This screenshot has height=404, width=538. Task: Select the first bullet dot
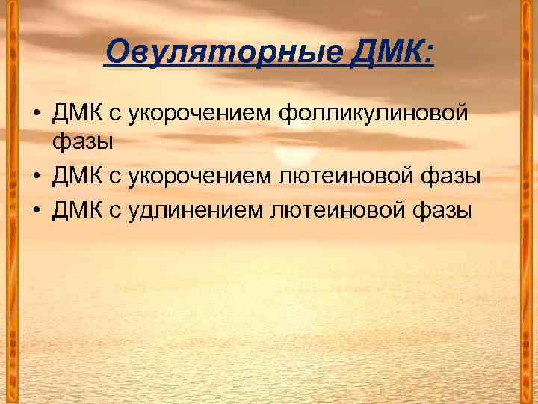point(36,114)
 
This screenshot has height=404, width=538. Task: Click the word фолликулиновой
point(374,114)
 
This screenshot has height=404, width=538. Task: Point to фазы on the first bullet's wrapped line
point(82,141)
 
